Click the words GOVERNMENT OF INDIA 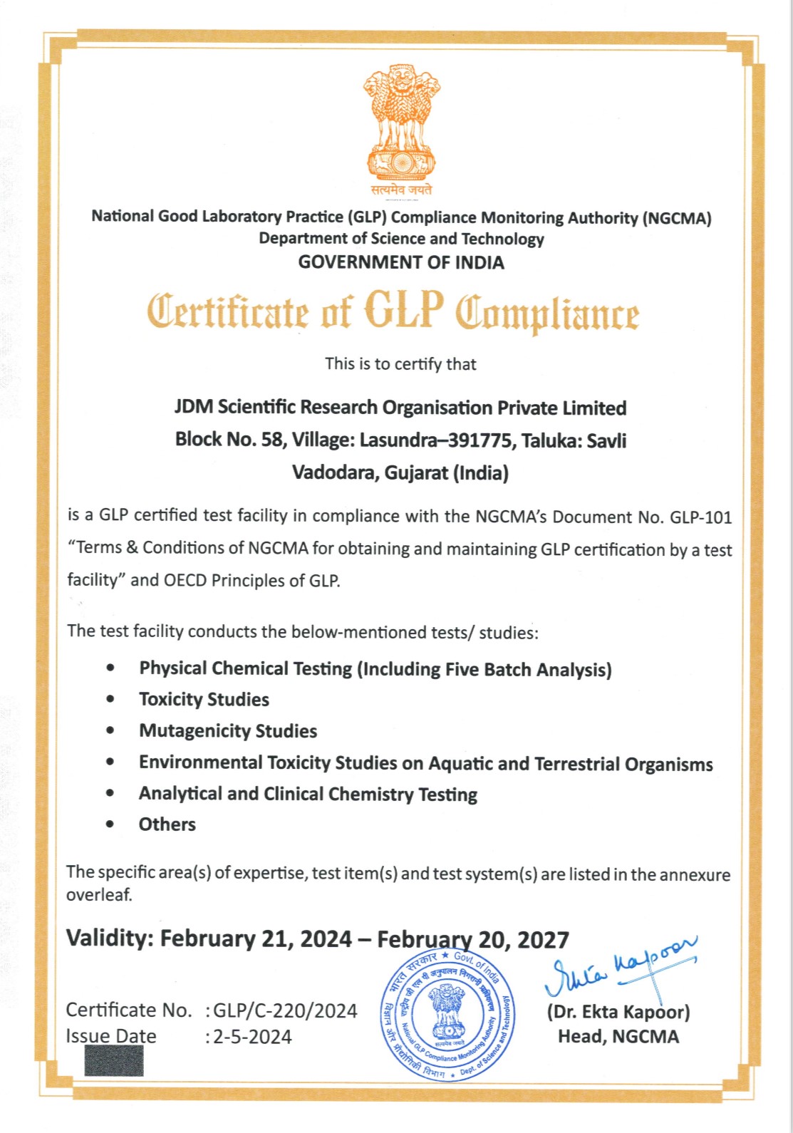click(x=401, y=262)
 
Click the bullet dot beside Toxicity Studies click(x=110, y=699)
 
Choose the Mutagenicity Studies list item click(x=228, y=731)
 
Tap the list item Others click(x=167, y=824)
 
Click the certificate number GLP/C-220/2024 click(x=285, y=1010)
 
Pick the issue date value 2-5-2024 click(x=252, y=1036)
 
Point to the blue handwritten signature click(x=621, y=966)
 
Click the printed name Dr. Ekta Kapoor click(x=618, y=1012)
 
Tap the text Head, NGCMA click(x=618, y=1036)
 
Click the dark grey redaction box click(x=113, y=1060)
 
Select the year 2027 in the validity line click(x=543, y=940)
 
